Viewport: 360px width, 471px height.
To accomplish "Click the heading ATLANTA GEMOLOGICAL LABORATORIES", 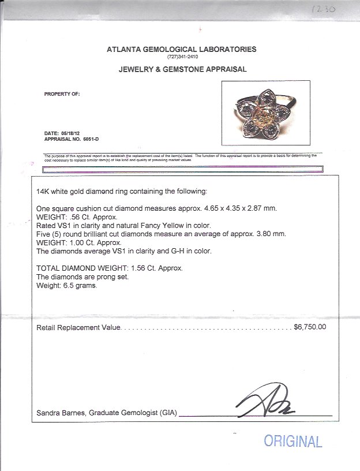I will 182,50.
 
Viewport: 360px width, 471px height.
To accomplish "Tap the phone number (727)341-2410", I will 182,57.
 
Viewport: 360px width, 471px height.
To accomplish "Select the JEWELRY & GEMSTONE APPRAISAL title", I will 182,69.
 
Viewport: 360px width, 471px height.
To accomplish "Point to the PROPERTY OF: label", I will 62,93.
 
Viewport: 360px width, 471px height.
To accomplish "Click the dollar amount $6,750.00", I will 310,326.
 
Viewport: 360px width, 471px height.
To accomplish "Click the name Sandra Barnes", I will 59,413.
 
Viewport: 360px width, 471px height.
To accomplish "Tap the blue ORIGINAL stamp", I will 292,442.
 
